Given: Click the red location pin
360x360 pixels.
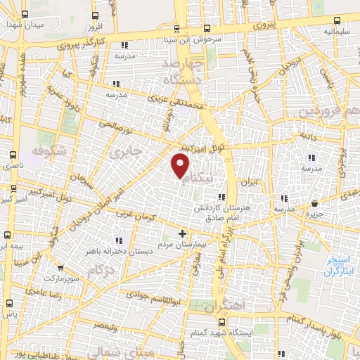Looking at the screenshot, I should click(x=181, y=166).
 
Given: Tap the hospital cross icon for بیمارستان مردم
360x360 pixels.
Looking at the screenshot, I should click(x=183, y=233).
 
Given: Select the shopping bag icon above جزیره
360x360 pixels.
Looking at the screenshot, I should click(x=314, y=204).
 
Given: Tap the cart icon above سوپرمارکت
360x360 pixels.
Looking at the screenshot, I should click(x=61, y=267).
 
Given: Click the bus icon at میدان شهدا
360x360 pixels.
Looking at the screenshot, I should click(x=26, y=15).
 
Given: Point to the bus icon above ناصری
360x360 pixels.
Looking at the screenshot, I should click(x=12, y=155).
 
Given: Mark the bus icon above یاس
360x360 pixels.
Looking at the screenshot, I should click(x=9, y=303).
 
